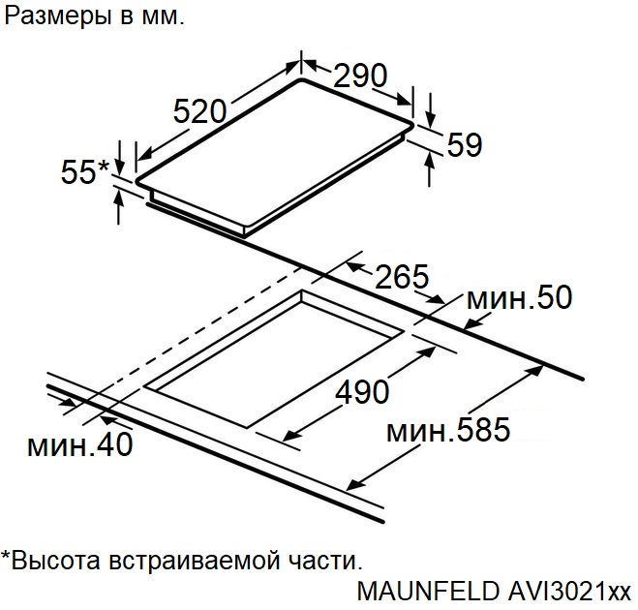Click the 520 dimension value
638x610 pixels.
click(x=199, y=111)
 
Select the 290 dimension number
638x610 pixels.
click(x=360, y=76)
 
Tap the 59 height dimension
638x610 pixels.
click(x=465, y=144)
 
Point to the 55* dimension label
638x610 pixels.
click(x=85, y=171)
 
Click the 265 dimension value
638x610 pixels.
click(x=402, y=276)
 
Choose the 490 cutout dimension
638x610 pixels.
click(x=362, y=391)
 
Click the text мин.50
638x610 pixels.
click(x=519, y=297)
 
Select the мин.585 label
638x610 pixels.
click(x=448, y=429)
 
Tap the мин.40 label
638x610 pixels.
click(x=79, y=443)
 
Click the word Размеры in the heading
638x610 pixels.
click(x=57, y=16)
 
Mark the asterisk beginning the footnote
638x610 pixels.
click(x=5, y=555)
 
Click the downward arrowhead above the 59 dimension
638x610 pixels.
click(x=431, y=118)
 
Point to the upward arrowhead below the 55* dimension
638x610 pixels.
click(x=118, y=198)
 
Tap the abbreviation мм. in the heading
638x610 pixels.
click(x=163, y=17)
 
